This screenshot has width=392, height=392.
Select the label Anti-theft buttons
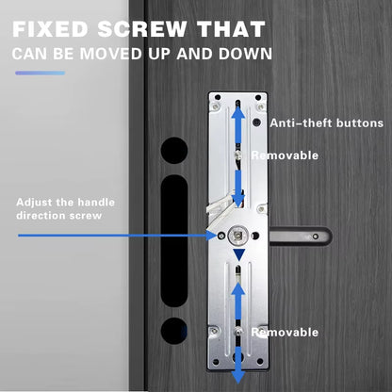[x=326, y=123]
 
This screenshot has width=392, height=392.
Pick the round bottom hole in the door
[x=173, y=330]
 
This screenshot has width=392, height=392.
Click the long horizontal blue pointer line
[x=113, y=236]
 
